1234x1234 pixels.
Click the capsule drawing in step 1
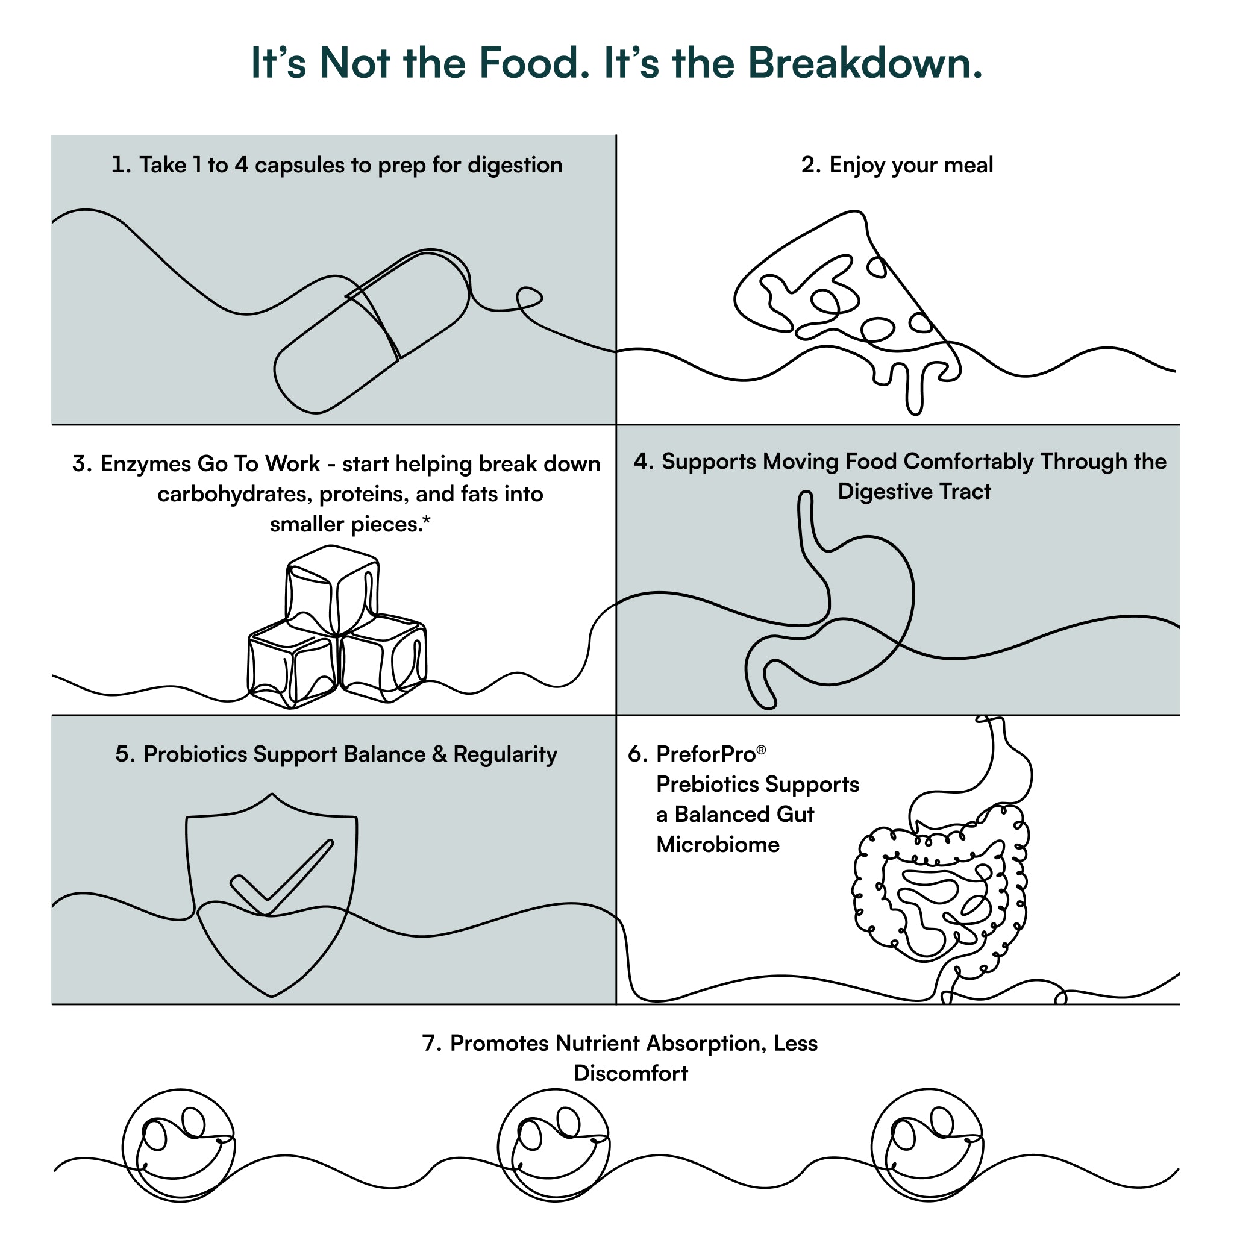coord(372,331)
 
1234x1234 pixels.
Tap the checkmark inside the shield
coord(281,877)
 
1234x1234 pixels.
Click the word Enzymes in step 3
coord(146,465)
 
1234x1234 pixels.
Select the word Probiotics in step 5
coord(195,754)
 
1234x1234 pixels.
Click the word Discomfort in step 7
coord(631,1073)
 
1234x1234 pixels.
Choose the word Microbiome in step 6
coord(718,845)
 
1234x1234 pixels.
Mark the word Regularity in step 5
coord(505,755)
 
